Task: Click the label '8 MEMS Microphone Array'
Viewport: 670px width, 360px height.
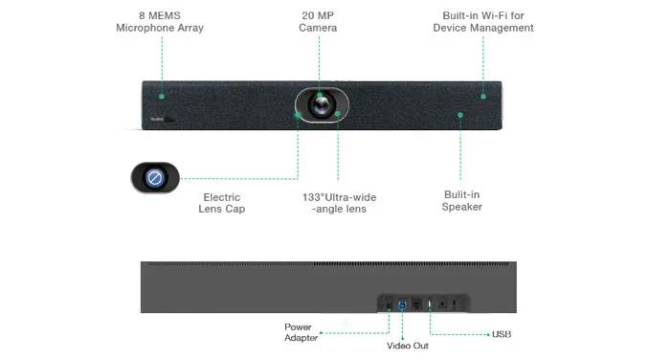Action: click(x=160, y=22)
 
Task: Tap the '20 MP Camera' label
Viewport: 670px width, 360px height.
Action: click(x=318, y=22)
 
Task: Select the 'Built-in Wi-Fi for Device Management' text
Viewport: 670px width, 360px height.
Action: click(x=482, y=22)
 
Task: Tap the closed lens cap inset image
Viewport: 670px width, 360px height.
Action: click(x=155, y=177)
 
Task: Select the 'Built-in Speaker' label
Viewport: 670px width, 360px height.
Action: click(x=461, y=200)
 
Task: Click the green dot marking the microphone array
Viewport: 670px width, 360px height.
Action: click(x=162, y=96)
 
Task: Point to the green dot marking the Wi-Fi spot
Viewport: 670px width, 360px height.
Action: click(x=483, y=96)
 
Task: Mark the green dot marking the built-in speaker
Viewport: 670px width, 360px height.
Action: click(x=460, y=115)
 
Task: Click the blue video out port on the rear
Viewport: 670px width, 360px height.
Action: click(x=402, y=303)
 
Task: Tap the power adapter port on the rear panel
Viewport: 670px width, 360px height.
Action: click(x=388, y=303)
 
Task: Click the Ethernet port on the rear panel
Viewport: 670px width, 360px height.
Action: click(x=415, y=303)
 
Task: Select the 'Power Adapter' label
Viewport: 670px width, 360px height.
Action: click(x=299, y=332)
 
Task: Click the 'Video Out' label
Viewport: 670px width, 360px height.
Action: click(x=407, y=345)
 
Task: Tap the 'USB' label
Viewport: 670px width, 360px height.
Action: click(x=501, y=334)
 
